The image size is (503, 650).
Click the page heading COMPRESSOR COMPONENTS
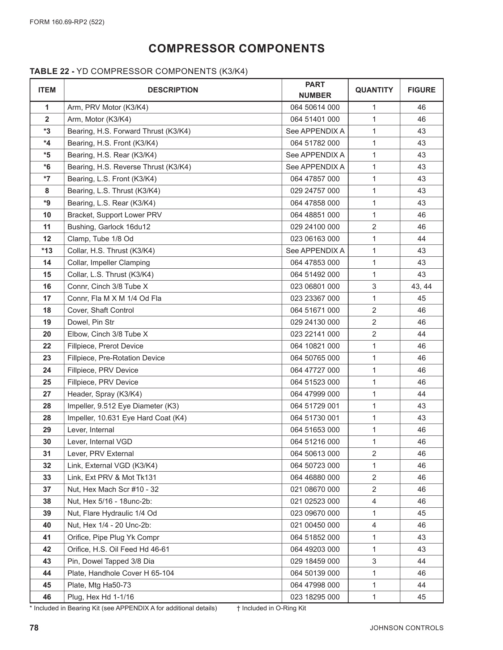click(x=236, y=48)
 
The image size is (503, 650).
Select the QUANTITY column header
click(x=374, y=90)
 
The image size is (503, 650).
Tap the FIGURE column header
click(x=421, y=90)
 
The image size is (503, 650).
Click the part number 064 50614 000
click(x=315, y=107)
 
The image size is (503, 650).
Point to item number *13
click(x=47, y=251)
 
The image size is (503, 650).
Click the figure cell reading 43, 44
click(x=421, y=286)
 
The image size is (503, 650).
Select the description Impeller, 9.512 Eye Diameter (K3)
click(x=123, y=406)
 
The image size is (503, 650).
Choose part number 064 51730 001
click(x=315, y=418)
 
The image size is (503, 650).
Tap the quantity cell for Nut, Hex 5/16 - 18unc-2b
click(x=374, y=501)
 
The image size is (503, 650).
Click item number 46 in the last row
click(x=47, y=597)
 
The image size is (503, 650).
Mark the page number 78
click(x=34, y=628)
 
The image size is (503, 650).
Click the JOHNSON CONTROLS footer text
click(x=406, y=628)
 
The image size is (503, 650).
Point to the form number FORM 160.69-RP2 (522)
click(x=67, y=22)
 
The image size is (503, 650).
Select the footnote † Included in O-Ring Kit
click(x=271, y=608)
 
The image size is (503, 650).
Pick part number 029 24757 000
click(x=315, y=191)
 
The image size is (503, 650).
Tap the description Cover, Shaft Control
click(x=101, y=310)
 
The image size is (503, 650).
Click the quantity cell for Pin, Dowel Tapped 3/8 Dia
click(x=374, y=561)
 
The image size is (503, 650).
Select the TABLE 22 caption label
click(x=52, y=71)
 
